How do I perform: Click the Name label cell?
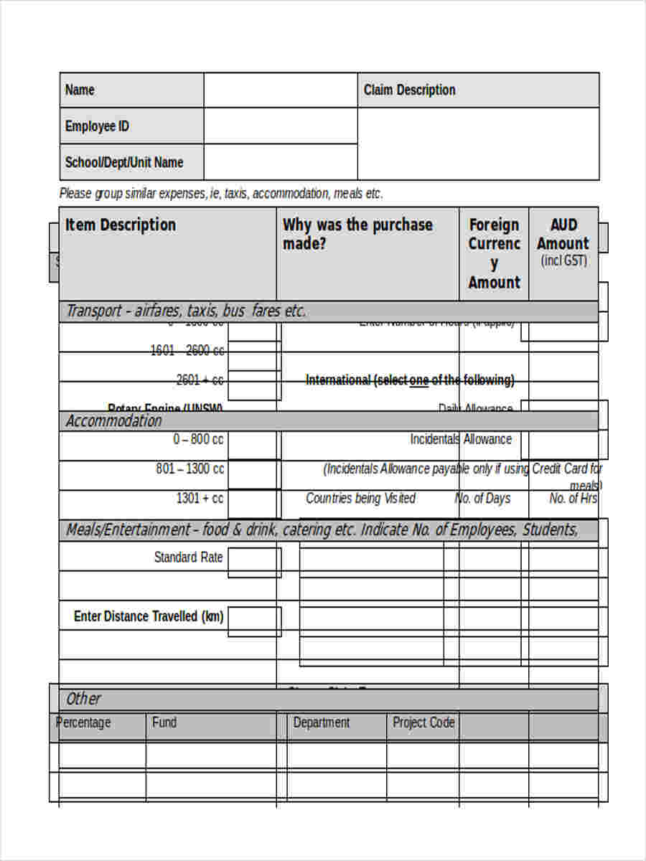[80, 90]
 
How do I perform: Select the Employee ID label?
[97, 126]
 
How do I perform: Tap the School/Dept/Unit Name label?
[124, 162]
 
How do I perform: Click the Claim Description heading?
[409, 90]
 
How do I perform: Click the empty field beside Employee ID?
[280, 126]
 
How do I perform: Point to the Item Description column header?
[121, 225]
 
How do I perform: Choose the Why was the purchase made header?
[357, 233]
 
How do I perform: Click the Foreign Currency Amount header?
[494, 253]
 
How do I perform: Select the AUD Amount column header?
[563, 242]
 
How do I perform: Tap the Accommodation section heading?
[114, 421]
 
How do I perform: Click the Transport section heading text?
[186, 311]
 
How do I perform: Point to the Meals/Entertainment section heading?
[322, 530]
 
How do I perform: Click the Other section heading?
[83, 699]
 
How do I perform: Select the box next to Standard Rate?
[254, 562]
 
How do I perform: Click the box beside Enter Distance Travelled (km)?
[254, 621]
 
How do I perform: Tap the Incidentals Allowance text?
[461, 439]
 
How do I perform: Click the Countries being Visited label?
[360, 498]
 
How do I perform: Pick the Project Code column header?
[423, 723]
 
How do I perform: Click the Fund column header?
[164, 723]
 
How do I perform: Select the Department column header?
[322, 723]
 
